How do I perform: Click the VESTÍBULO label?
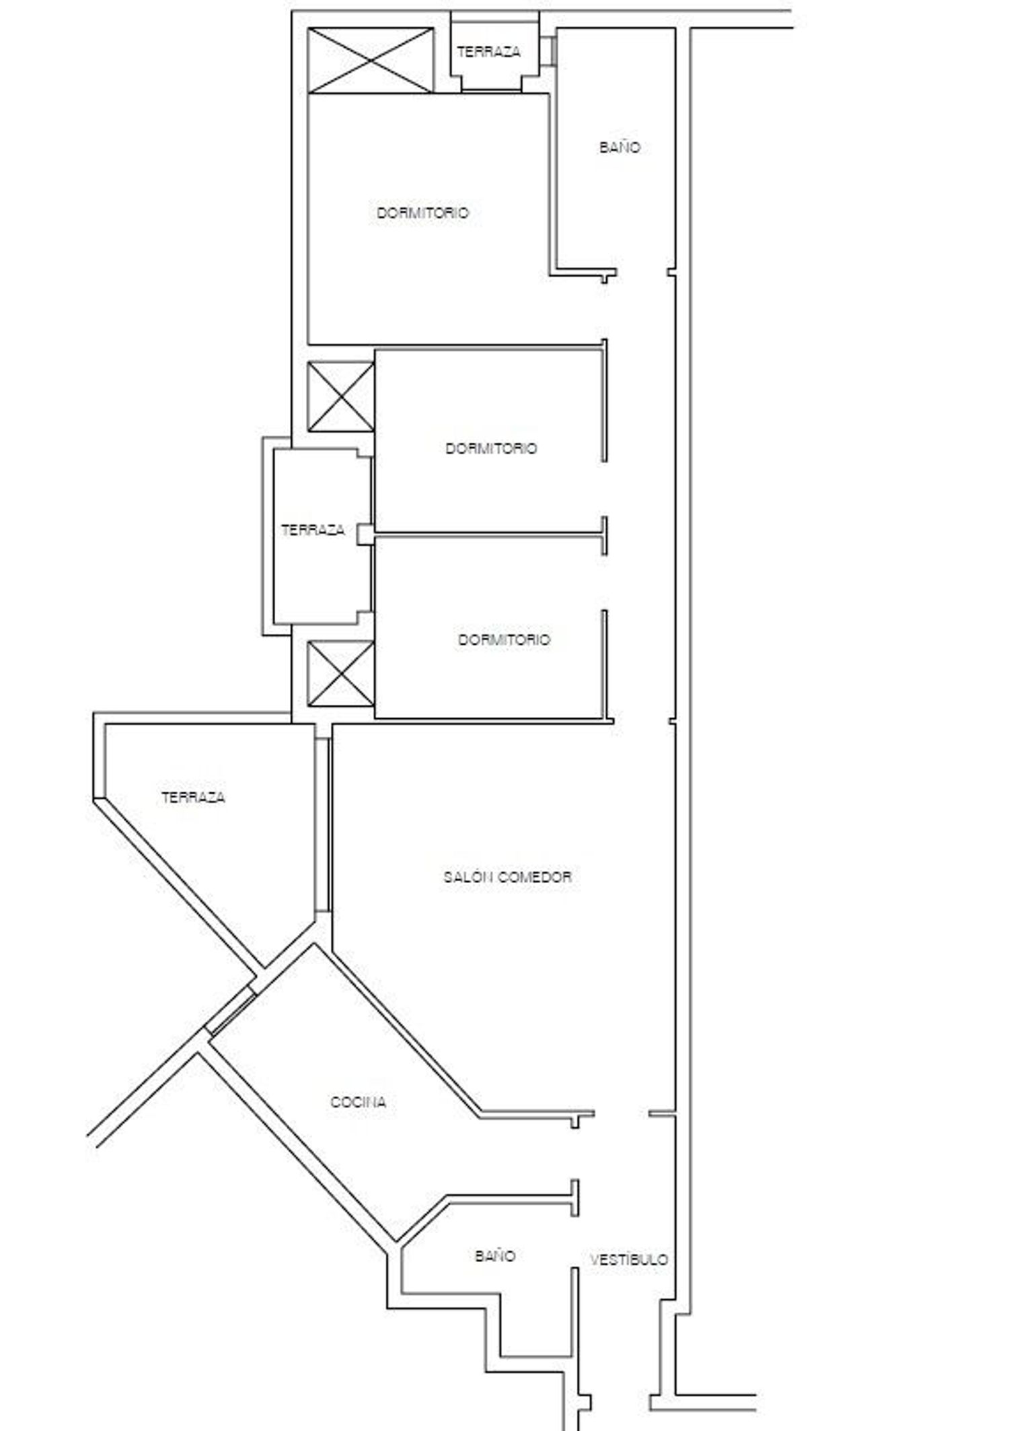click(x=629, y=1259)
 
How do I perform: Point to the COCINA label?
click(x=359, y=1103)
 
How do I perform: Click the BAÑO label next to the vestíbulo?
click(x=495, y=1256)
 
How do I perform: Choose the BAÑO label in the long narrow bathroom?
click(x=620, y=147)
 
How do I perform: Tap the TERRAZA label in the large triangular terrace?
click(x=193, y=798)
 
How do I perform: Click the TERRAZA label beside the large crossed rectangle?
click(x=489, y=52)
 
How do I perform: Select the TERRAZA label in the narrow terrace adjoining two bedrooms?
click(x=313, y=530)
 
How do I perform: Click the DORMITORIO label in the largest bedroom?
click(x=422, y=213)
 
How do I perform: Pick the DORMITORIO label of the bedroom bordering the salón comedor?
click(x=504, y=639)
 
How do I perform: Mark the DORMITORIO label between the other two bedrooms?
click(x=491, y=448)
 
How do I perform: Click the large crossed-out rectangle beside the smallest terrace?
click(x=370, y=61)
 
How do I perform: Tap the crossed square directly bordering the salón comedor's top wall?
click(x=340, y=673)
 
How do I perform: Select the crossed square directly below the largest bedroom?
click(x=340, y=396)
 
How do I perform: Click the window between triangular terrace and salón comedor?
click(x=324, y=825)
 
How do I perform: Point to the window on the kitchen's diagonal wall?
click(x=231, y=1010)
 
